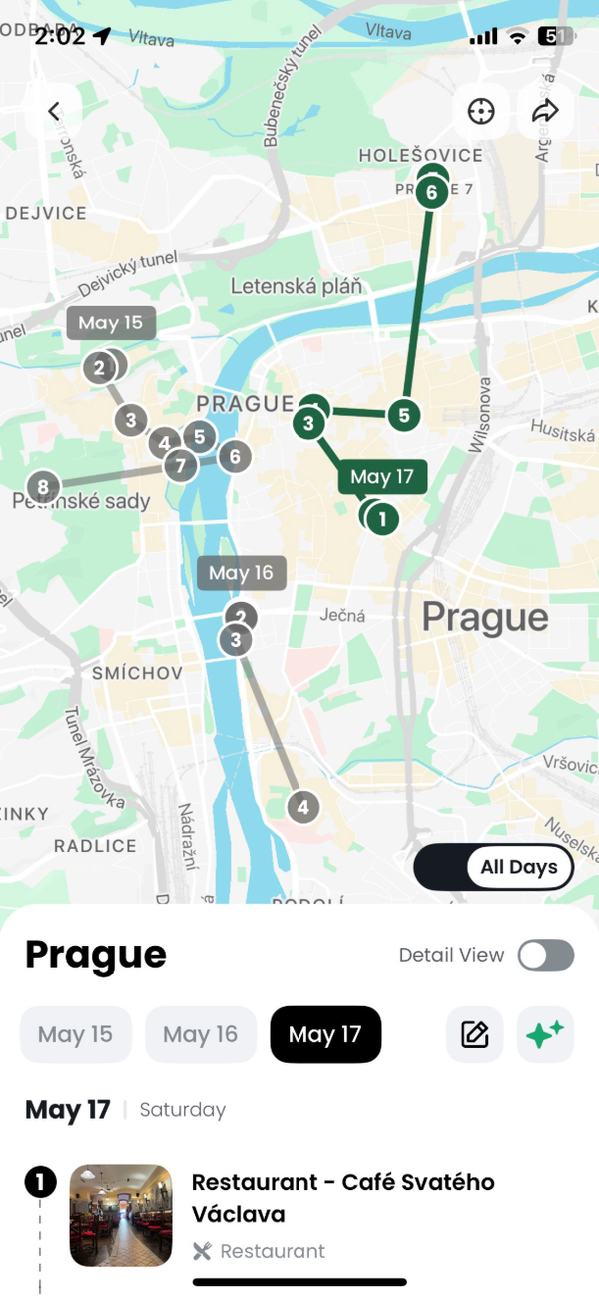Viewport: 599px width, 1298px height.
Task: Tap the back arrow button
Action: (x=54, y=111)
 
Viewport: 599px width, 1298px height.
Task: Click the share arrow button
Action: (x=545, y=111)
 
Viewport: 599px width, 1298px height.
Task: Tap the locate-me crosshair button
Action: (x=481, y=111)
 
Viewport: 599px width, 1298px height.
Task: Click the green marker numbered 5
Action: (x=403, y=415)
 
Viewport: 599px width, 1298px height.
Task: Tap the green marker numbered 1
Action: (x=382, y=519)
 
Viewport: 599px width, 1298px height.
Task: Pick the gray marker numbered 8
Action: (x=42, y=487)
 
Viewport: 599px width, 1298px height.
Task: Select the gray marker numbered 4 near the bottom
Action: (x=303, y=806)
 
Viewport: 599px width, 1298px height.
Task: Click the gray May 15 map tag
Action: (x=111, y=323)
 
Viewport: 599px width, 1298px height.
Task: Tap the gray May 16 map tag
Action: (x=242, y=573)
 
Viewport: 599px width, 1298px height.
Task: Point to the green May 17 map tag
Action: (x=382, y=477)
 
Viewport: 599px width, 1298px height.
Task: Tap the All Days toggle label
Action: (x=519, y=867)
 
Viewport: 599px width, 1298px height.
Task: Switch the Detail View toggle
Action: (x=546, y=955)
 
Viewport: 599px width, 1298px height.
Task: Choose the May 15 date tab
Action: (x=76, y=1034)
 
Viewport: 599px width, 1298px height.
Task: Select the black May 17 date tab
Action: (x=325, y=1034)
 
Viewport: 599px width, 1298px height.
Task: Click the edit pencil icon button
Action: (x=475, y=1034)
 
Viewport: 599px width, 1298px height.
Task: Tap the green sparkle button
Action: (x=545, y=1034)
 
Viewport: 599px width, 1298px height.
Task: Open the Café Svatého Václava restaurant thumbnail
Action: (x=121, y=1215)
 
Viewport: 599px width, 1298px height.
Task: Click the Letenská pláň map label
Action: (x=297, y=287)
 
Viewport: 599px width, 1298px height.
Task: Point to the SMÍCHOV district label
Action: (x=137, y=674)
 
